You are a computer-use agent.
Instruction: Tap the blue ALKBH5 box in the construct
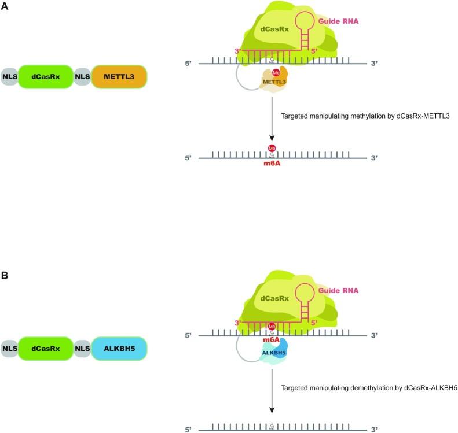click(119, 350)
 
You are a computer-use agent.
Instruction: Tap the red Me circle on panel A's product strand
click(272, 149)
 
